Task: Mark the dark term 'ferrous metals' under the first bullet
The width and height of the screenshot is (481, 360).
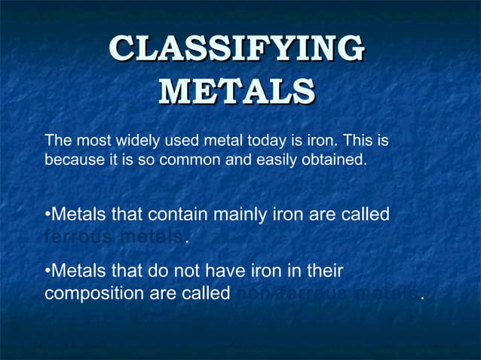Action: point(113,237)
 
